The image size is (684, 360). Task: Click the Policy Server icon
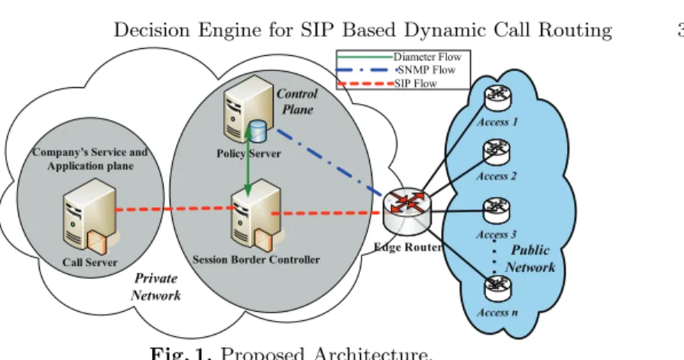coord(248,109)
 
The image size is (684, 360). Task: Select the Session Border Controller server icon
coord(257,216)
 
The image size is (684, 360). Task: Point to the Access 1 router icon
coord(498,98)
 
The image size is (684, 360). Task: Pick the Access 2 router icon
coord(497,152)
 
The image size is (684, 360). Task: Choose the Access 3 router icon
coord(497,210)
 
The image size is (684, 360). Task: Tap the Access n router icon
coord(498,288)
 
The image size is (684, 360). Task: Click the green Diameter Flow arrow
coord(248,159)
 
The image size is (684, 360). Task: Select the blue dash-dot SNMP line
coord(330,162)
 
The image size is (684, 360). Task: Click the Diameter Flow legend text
coord(427,57)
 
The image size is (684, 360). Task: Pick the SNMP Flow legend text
coord(426,70)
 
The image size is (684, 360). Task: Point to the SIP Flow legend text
coord(415,83)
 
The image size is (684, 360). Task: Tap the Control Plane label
coord(297,101)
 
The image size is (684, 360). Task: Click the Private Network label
coord(156,287)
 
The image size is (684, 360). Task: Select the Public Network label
coord(530,258)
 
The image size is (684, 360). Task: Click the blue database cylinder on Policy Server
coord(257,131)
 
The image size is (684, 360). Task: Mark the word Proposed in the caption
coord(261,353)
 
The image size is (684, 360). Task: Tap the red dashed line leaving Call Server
coord(174,209)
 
